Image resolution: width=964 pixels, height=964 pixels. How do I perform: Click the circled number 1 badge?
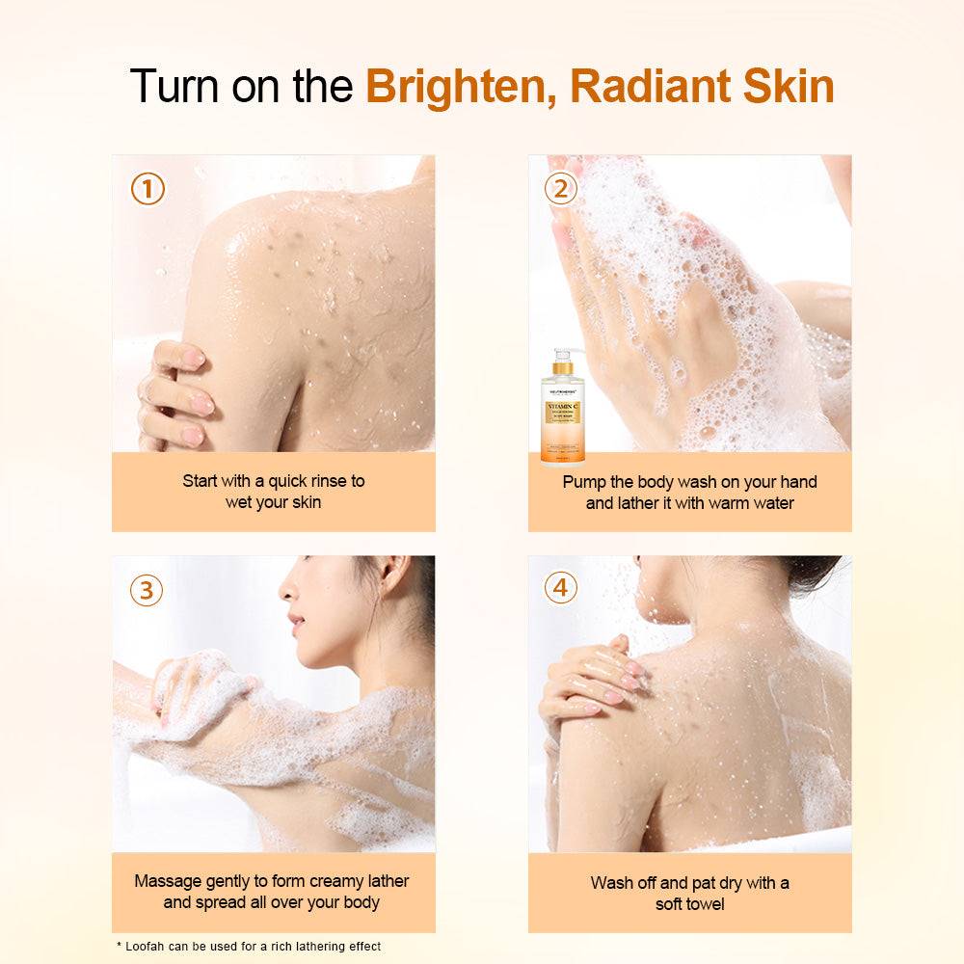pyautogui.click(x=147, y=189)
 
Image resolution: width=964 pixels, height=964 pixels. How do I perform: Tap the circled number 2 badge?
pyautogui.click(x=560, y=189)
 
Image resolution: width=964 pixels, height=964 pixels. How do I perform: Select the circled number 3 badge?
pyautogui.click(x=146, y=589)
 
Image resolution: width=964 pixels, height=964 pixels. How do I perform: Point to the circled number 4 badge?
pyautogui.click(x=560, y=587)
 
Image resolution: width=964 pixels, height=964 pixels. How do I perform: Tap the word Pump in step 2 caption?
pyautogui.click(x=584, y=481)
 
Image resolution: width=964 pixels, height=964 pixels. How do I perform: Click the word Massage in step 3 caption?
pyautogui.click(x=167, y=881)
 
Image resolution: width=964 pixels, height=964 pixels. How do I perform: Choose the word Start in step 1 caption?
pyautogui.click(x=201, y=480)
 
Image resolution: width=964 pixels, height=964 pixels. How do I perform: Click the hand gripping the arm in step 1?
pyautogui.click(x=174, y=395)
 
